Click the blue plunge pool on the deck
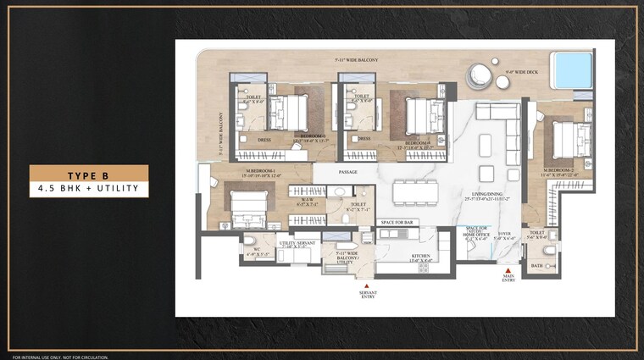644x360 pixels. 573,70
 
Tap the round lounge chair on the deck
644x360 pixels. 480,75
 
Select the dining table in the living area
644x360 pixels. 415,192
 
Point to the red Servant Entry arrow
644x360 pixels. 368,285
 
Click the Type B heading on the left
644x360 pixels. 89,174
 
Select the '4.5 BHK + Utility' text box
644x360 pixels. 89,188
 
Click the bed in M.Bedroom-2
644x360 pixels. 572,138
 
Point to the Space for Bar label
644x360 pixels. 397,222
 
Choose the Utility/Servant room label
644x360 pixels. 297,244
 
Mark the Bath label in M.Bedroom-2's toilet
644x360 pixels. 536,265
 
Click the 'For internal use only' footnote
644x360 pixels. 61,357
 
